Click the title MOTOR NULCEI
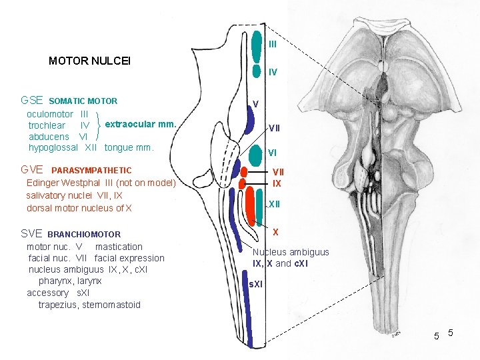(89, 61)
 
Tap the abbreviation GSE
(32, 101)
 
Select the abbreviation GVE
(32, 170)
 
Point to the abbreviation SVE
(31, 234)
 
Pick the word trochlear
(47, 125)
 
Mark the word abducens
(49, 137)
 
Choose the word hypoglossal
(53, 147)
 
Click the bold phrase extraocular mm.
(141, 124)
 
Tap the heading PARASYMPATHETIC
(91, 171)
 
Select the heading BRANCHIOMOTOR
(84, 235)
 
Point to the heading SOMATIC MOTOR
(83, 101)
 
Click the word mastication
(119, 247)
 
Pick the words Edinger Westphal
(63, 183)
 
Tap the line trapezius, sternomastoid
(89, 305)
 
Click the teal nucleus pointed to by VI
(254, 155)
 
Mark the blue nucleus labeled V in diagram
(251, 119)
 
